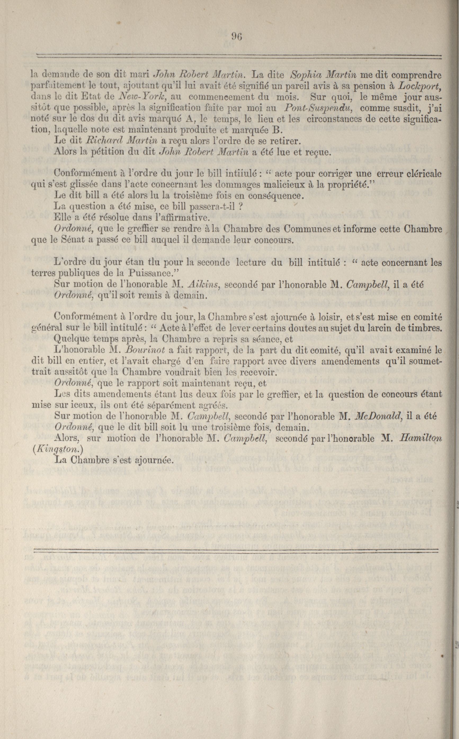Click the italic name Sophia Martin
[323, 74]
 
